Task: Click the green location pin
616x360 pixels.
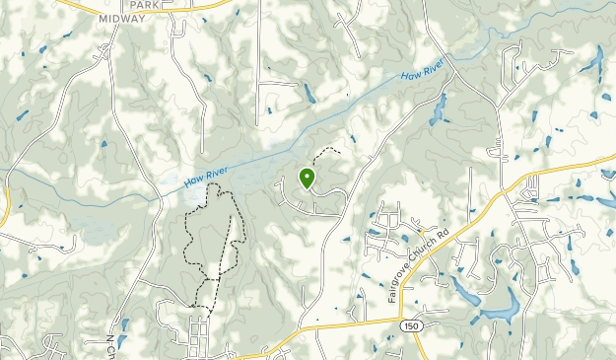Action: [307, 179]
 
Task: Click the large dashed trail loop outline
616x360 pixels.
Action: [188, 237]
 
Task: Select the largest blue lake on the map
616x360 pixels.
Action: [498, 310]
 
